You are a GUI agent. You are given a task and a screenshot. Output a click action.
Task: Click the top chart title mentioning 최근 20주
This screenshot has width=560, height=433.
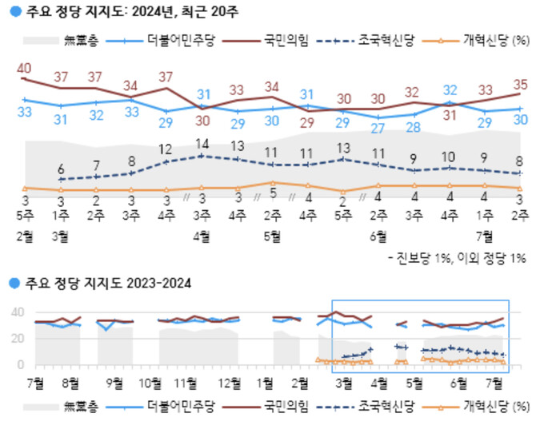click(132, 12)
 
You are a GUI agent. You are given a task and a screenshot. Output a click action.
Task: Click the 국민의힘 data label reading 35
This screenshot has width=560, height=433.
click(521, 83)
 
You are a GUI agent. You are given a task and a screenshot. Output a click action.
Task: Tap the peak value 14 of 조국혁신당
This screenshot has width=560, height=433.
click(202, 145)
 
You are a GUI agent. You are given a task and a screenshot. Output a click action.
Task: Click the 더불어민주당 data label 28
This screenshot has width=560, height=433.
click(413, 126)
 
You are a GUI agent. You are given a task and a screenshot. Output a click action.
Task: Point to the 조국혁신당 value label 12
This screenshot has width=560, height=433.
click(166, 149)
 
